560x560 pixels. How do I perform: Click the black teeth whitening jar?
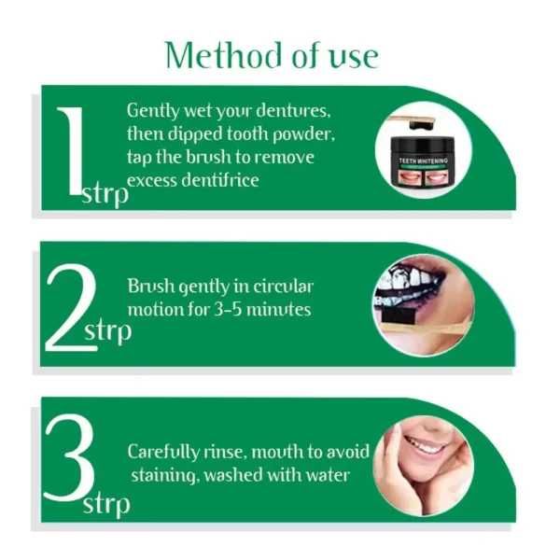coord(424,166)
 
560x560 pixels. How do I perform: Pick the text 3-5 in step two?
coord(238,309)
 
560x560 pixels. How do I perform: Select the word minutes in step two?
coord(281,309)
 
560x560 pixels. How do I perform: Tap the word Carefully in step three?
coord(162,452)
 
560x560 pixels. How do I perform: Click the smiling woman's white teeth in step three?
coord(427,445)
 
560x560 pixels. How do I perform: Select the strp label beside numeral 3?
coord(106,505)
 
